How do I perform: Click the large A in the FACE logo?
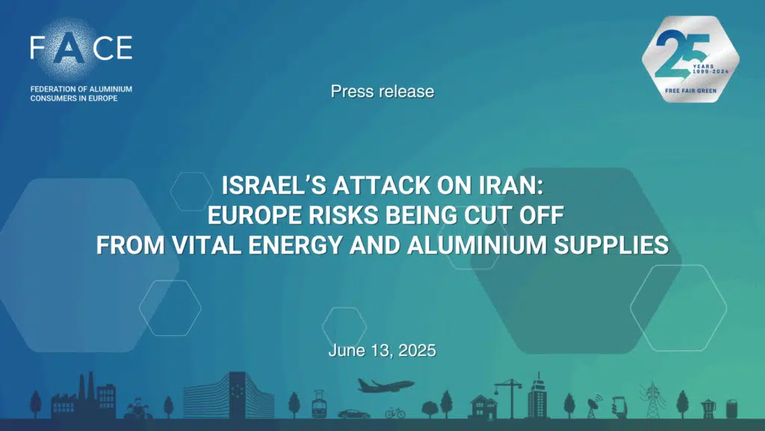click(x=68, y=49)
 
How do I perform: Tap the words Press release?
click(x=382, y=91)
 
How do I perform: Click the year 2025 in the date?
click(x=417, y=350)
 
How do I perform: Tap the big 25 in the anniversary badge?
click(x=682, y=55)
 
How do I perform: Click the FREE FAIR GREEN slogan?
click(x=690, y=91)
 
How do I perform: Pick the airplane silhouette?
click(x=385, y=385)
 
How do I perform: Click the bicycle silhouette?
click(x=395, y=413)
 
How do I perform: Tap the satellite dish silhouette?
click(x=595, y=406)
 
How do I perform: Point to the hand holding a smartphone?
click(x=619, y=407)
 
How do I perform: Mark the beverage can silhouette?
click(x=731, y=409)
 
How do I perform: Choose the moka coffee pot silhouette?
click(x=708, y=409)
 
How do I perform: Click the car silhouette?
click(x=353, y=414)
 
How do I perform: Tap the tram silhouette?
click(x=318, y=404)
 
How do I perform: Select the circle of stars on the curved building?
click(x=238, y=391)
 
